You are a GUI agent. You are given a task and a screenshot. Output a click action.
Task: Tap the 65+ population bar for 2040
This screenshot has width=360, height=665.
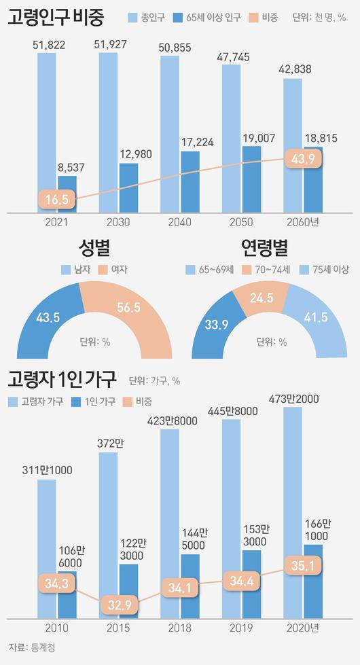(x=190, y=181)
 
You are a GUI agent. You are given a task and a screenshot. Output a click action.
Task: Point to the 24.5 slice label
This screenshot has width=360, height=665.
(x=262, y=297)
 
